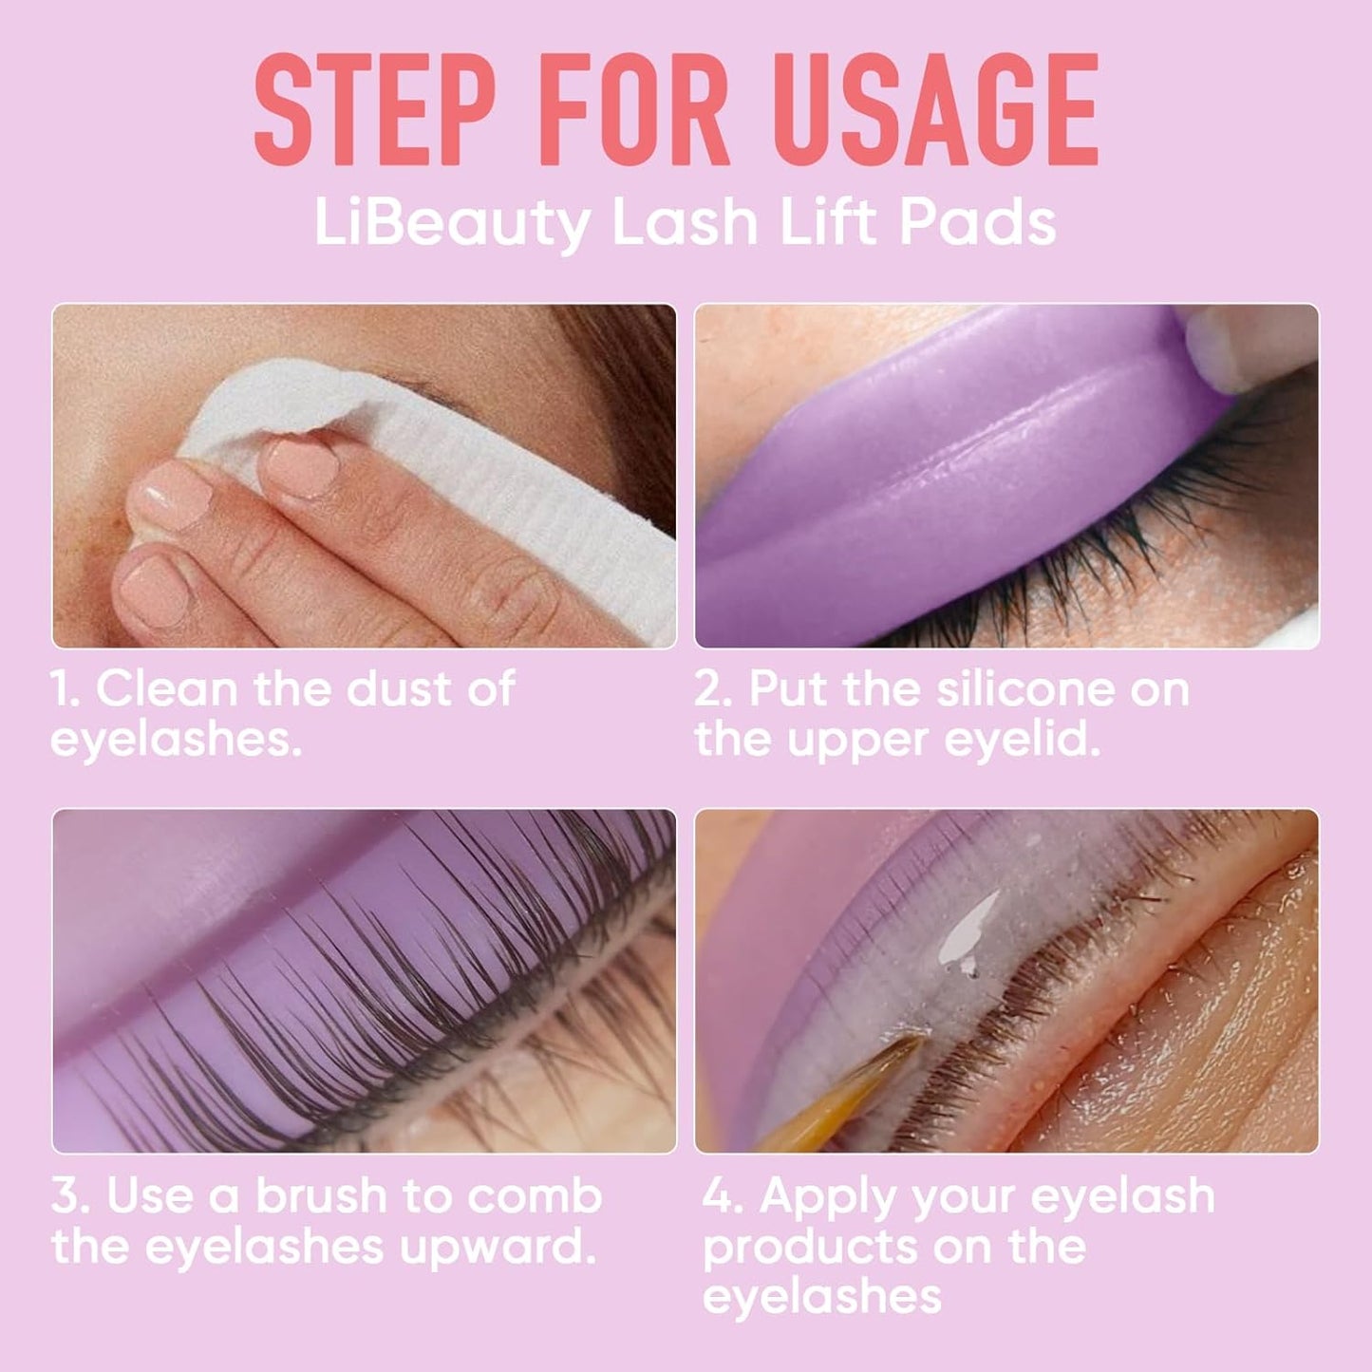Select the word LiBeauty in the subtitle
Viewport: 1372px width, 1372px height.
tap(451, 224)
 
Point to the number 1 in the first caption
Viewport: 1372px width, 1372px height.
tap(65, 688)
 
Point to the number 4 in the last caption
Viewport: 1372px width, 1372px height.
tap(723, 1196)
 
